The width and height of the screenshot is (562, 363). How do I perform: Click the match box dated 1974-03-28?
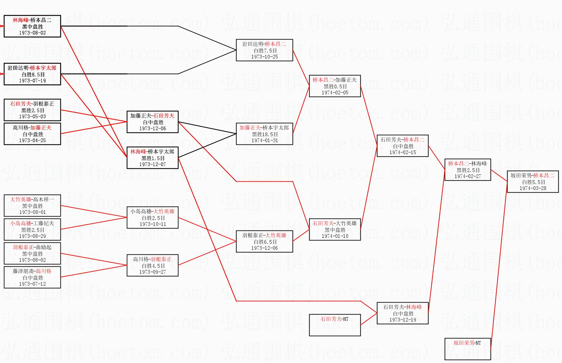pyautogui.click(x=532, y=182)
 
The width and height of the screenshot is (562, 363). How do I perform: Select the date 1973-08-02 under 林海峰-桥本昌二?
pyautogui.click(x=32, y=33)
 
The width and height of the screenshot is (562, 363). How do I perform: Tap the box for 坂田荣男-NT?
pyautogui.click(x=468, y=349)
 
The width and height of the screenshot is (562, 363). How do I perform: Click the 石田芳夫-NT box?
pyautogui.click(x=335, y=325)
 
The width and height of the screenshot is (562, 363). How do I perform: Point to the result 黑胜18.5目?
pyautogui.click(x=264, y=134)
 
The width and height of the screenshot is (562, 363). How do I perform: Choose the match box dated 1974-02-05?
pyautogui.click(x=335, y=86)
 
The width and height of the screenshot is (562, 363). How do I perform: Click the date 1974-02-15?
pyautogui.click(x=403, y=152)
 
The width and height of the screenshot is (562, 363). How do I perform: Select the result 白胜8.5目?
pyautogui.click(x=32, y=74)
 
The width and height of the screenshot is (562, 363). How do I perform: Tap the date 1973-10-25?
pyautogui.click(x=264, y=57)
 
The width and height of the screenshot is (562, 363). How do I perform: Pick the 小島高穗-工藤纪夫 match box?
pyautogui.click(x=32, y=229)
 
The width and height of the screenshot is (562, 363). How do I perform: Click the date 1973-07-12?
pyautogui.click(x=32, y=284)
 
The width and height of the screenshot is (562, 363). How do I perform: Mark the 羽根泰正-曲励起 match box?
pyautogui.click(x=32, y=253)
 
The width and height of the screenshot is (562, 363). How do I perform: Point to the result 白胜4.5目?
pyautogui.click(x=152, y=266)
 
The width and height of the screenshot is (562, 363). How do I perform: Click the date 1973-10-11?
pyautogui.click(x=152, y=224)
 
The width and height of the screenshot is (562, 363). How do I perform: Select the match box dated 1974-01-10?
pyautogui.click(x=335, y=229)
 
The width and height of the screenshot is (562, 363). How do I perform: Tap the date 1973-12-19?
pyautogui.click(x=403, y=320)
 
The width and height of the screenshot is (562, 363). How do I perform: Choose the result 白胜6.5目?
pyautogui.click(x=264, y=242)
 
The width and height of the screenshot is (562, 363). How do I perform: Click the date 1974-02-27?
pyautogui.click(x=468, y=176)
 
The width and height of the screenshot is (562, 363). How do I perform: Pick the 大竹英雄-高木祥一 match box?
pyautogui.click(x=32, y=206)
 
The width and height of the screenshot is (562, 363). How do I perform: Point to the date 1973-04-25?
pyautogui.click(x=32, y=140)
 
